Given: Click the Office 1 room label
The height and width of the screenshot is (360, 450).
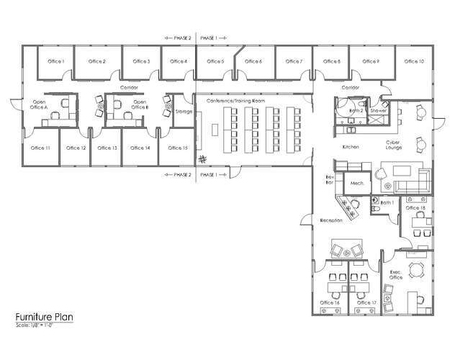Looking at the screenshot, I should (58, 62).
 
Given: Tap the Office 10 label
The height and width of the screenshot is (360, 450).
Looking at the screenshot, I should (414, 62).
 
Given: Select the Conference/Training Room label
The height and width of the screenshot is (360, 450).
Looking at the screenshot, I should (235, 102).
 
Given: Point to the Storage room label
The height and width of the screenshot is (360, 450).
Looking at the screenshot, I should (184, 112).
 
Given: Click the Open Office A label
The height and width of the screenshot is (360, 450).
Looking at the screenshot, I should (39, 104).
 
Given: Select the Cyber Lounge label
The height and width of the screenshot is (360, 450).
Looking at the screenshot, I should (394, 145).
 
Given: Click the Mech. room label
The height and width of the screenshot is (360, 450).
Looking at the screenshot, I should (356, 184).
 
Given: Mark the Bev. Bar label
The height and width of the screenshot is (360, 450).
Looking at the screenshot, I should (330, 180).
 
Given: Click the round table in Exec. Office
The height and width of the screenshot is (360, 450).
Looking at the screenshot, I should (415, 270).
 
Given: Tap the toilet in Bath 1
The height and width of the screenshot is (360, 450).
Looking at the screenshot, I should (375, 202).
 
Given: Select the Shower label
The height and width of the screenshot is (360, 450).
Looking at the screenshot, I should (379, 112).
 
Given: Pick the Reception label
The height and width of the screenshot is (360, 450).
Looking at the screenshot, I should (330, 220).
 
